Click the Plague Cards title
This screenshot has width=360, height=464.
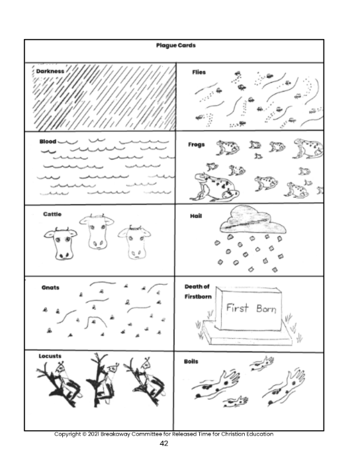pyautogui.click(x=176, y=45)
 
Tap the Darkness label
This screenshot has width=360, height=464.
pyautogui.click(x=50, y=71)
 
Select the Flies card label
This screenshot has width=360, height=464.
pyautogui.click(x=199, y=72)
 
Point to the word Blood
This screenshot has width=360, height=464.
pyautogui.click(x=48, y=142)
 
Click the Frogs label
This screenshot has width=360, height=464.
pyautogui.click(x=197, y=145)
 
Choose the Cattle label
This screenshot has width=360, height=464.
pyautogui.click(x=52, y=214)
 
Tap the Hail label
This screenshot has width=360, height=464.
pyautogui.click(x=196, y=216)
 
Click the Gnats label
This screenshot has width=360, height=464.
pyautogui.click(x=50, y=288)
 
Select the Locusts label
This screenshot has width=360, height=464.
pyautogui.click(x=50, y=356)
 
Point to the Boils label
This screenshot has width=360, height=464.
pyautogui.click(x=191, y=361)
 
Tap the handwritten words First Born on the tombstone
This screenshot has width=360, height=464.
pyautogui.click(x=251, y=308)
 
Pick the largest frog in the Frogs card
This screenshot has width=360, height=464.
pyautogui.click(x=214, y=187)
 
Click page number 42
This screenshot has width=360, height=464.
pyautogui.click(x=163, y=443)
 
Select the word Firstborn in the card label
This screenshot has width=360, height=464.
pyautogui.click(x=198, y=297)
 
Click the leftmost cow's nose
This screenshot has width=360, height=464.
pyautogui.click(x=64, y=255)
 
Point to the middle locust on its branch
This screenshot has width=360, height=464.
pyautogui.click(x=102, y=380)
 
